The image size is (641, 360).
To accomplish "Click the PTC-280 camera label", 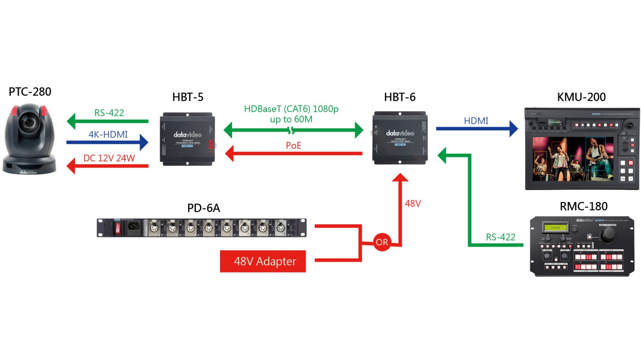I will (x=30, y=92).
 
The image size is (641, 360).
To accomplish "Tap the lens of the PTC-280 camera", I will (x=29, y=123).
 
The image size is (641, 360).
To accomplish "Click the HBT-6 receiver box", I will (x=400, y=138).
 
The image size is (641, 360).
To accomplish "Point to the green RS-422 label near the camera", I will (x=109, y=113).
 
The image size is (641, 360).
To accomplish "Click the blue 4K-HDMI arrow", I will (x=107, y=142).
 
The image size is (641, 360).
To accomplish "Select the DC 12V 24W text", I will (x=109, y=158).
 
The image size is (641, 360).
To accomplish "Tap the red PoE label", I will (x=293, y=146).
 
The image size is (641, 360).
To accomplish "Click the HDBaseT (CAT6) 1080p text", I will (x=291, y=109).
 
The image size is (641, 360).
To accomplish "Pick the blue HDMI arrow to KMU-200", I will (x=476, y=128).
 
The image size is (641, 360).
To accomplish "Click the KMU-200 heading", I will (x=581, y=97).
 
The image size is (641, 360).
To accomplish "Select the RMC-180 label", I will (x=583, y=207).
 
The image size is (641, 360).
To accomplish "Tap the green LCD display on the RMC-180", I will (x=555, y=228).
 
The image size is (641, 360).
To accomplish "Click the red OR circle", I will (x=382, y=243).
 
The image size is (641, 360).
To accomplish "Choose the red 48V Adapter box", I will (x=263, y=261).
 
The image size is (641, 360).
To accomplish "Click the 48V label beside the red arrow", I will (x=413, y=204).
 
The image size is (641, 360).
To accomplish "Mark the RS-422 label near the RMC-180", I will (x=500, y=237).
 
